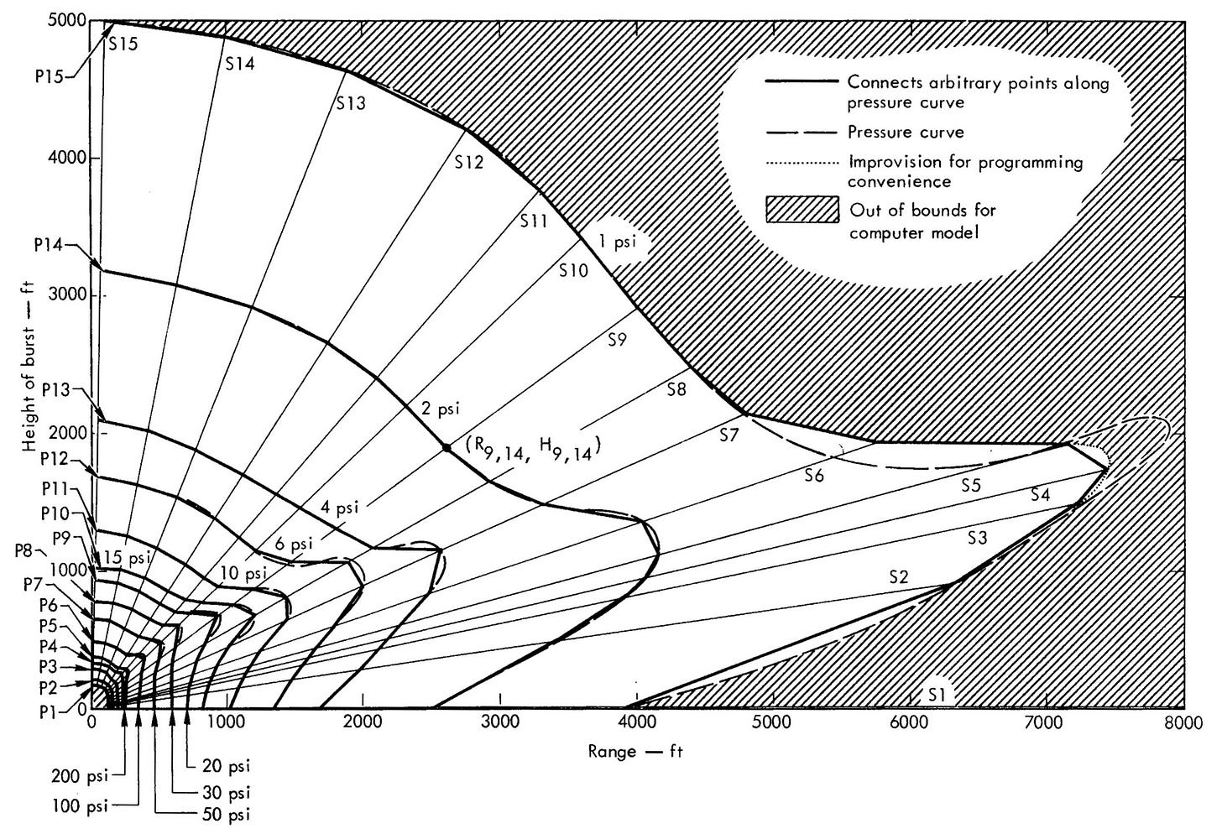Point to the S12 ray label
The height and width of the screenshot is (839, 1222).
469,162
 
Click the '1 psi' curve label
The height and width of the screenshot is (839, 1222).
617,242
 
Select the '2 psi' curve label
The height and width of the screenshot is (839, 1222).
441,409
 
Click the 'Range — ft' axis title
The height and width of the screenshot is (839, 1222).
635,752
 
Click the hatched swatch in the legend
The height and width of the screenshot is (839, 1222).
802,209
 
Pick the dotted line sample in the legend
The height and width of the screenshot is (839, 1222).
802,162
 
